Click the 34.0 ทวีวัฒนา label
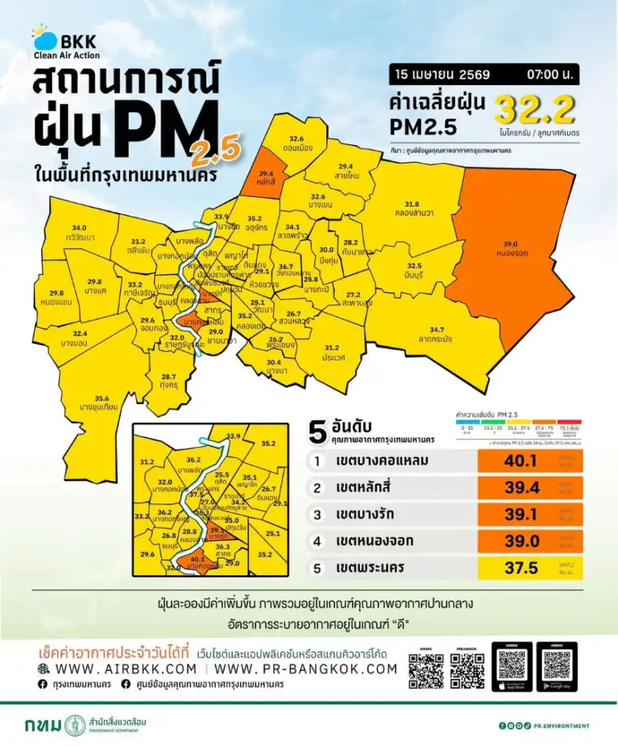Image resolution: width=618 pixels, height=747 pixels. click(x=79, y=231)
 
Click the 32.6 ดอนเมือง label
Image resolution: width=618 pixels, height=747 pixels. click(x=296, y=143)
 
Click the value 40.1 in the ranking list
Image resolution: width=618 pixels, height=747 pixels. click(x=521, y=461)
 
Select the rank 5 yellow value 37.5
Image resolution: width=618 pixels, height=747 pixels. click(x=521, y=568)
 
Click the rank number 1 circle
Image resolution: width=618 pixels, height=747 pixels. click(x=316, y=462)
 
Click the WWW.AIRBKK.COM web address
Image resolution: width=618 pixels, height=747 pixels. click(x=121, y=669)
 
